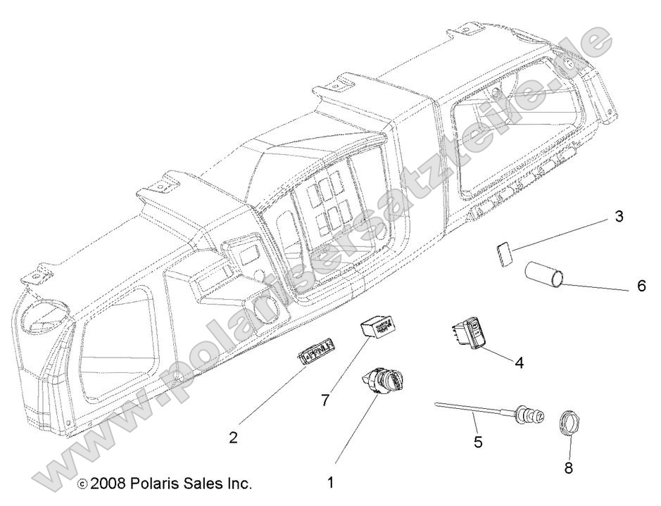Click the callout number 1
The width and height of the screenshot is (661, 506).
[x=330, y=483]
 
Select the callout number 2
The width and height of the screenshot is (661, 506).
[x=233, y=437]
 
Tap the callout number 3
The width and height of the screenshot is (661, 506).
[x=619, y=217]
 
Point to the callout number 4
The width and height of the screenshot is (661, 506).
[x=519, y=363]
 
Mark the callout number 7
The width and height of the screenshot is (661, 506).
[x=325, y=400]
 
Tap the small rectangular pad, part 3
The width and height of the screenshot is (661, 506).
[x=503, y=253]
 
